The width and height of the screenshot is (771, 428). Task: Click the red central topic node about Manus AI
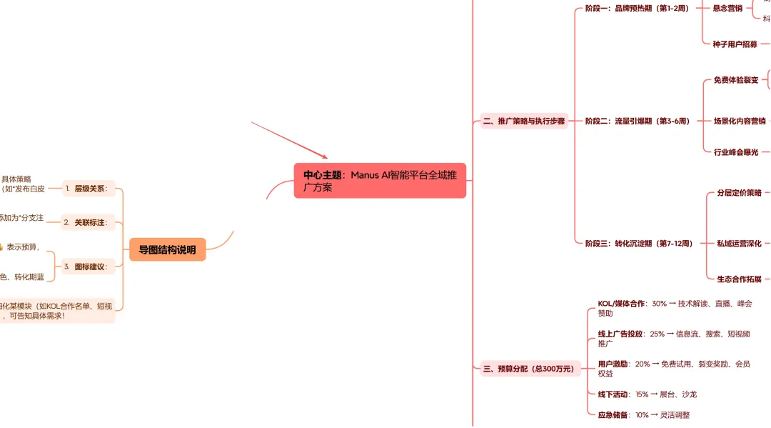[x=380, y=180]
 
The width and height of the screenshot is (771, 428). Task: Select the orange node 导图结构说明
[x=167, y=249]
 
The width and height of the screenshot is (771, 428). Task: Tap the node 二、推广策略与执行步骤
[x=524, y=121]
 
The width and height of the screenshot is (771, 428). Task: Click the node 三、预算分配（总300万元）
[x=528, y=369]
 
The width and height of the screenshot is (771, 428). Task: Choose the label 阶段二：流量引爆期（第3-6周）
[x=638, y=121]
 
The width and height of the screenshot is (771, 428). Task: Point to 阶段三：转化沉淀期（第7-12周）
[x=639, y=244]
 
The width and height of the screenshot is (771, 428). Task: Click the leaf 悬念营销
[x=727, y=9]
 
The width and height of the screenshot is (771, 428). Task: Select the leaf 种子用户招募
[x=735, y=44]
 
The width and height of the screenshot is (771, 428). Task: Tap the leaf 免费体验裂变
[x=736, y=81]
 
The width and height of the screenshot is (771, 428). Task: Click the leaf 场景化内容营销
[x=740, y=121]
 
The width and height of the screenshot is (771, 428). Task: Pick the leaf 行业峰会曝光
[x=736, y=152]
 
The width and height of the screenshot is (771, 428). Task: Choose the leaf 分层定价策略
[x=739, y=193]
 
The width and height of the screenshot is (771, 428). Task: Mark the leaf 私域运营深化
[x=739, y=244]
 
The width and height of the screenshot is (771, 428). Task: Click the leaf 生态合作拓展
[x=739, y=279]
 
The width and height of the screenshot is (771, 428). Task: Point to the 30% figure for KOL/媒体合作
[x=659, y=304]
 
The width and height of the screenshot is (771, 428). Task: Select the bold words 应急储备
[x=613, y=415]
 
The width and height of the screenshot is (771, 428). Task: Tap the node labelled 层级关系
[x=90, y=189]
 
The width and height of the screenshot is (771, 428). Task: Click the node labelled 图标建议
[x=90, y=267]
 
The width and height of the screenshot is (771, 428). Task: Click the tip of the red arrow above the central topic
[x=327, y=158]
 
